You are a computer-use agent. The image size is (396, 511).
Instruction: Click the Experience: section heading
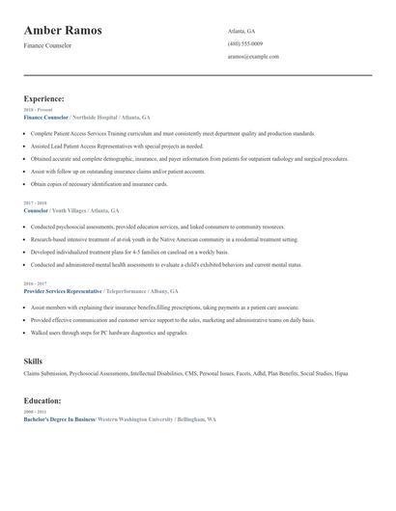(44, 98)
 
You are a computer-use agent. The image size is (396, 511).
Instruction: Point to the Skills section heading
(33, 361)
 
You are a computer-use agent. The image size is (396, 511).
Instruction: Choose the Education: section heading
(42, 400)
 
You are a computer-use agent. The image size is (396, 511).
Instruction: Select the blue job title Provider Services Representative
(62, 290)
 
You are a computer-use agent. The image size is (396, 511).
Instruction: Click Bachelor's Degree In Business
(59, 419)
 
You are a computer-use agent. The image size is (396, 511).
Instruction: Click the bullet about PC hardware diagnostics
(109, 332)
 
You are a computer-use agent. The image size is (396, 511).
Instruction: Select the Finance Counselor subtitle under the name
(47, 48)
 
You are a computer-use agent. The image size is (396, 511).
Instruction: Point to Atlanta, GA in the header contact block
(241, 31)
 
